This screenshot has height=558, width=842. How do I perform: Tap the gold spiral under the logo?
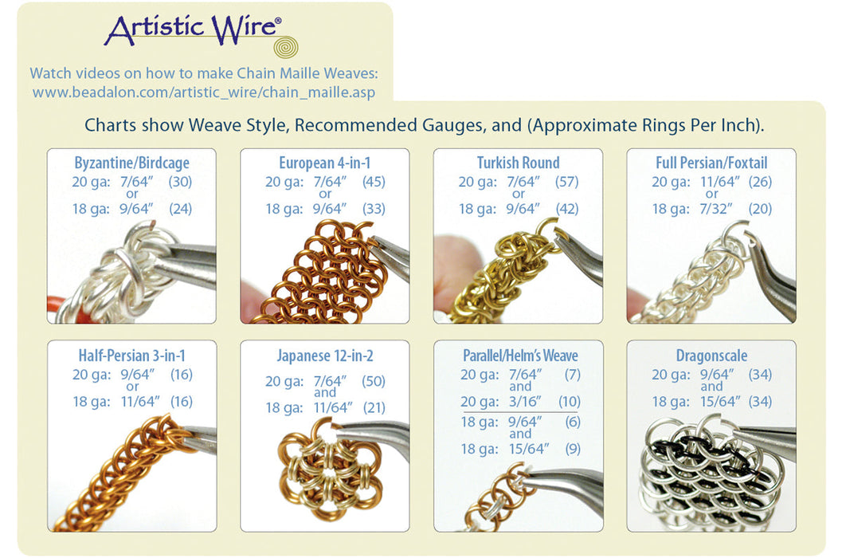pyautogui.click(x=285, y=47)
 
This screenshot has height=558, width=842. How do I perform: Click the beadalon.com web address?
pyautogui.click(x=203, y=92)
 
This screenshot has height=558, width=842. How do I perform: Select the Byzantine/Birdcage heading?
pyautogui.click(x=131, y=163)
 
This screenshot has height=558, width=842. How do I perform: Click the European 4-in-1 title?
pyautogui.click(x=324, y=163)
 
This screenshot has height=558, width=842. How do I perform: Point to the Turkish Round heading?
pyautogui.click(x=518, y=163)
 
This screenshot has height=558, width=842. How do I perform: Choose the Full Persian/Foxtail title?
pyautogui.click(x=711, y=163)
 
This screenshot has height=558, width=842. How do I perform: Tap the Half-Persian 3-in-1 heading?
pyautogui.click(x=131, y=356)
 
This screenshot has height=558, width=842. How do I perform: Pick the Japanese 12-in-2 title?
pyautogui.click(x=324, y=356)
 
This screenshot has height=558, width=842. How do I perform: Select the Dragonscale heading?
pyautogui.click(x=711, y=356)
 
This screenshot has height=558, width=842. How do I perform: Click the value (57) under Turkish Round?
pyautogui.click(x=566, y=182)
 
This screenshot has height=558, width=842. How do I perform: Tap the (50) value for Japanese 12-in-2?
pyautogui.click(x=373, y=381)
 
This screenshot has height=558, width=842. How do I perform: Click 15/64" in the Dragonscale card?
pyautogui.click(x=712, y=402)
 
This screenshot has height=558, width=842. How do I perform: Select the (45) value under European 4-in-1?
pyautogui.click(x=373, y=182)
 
